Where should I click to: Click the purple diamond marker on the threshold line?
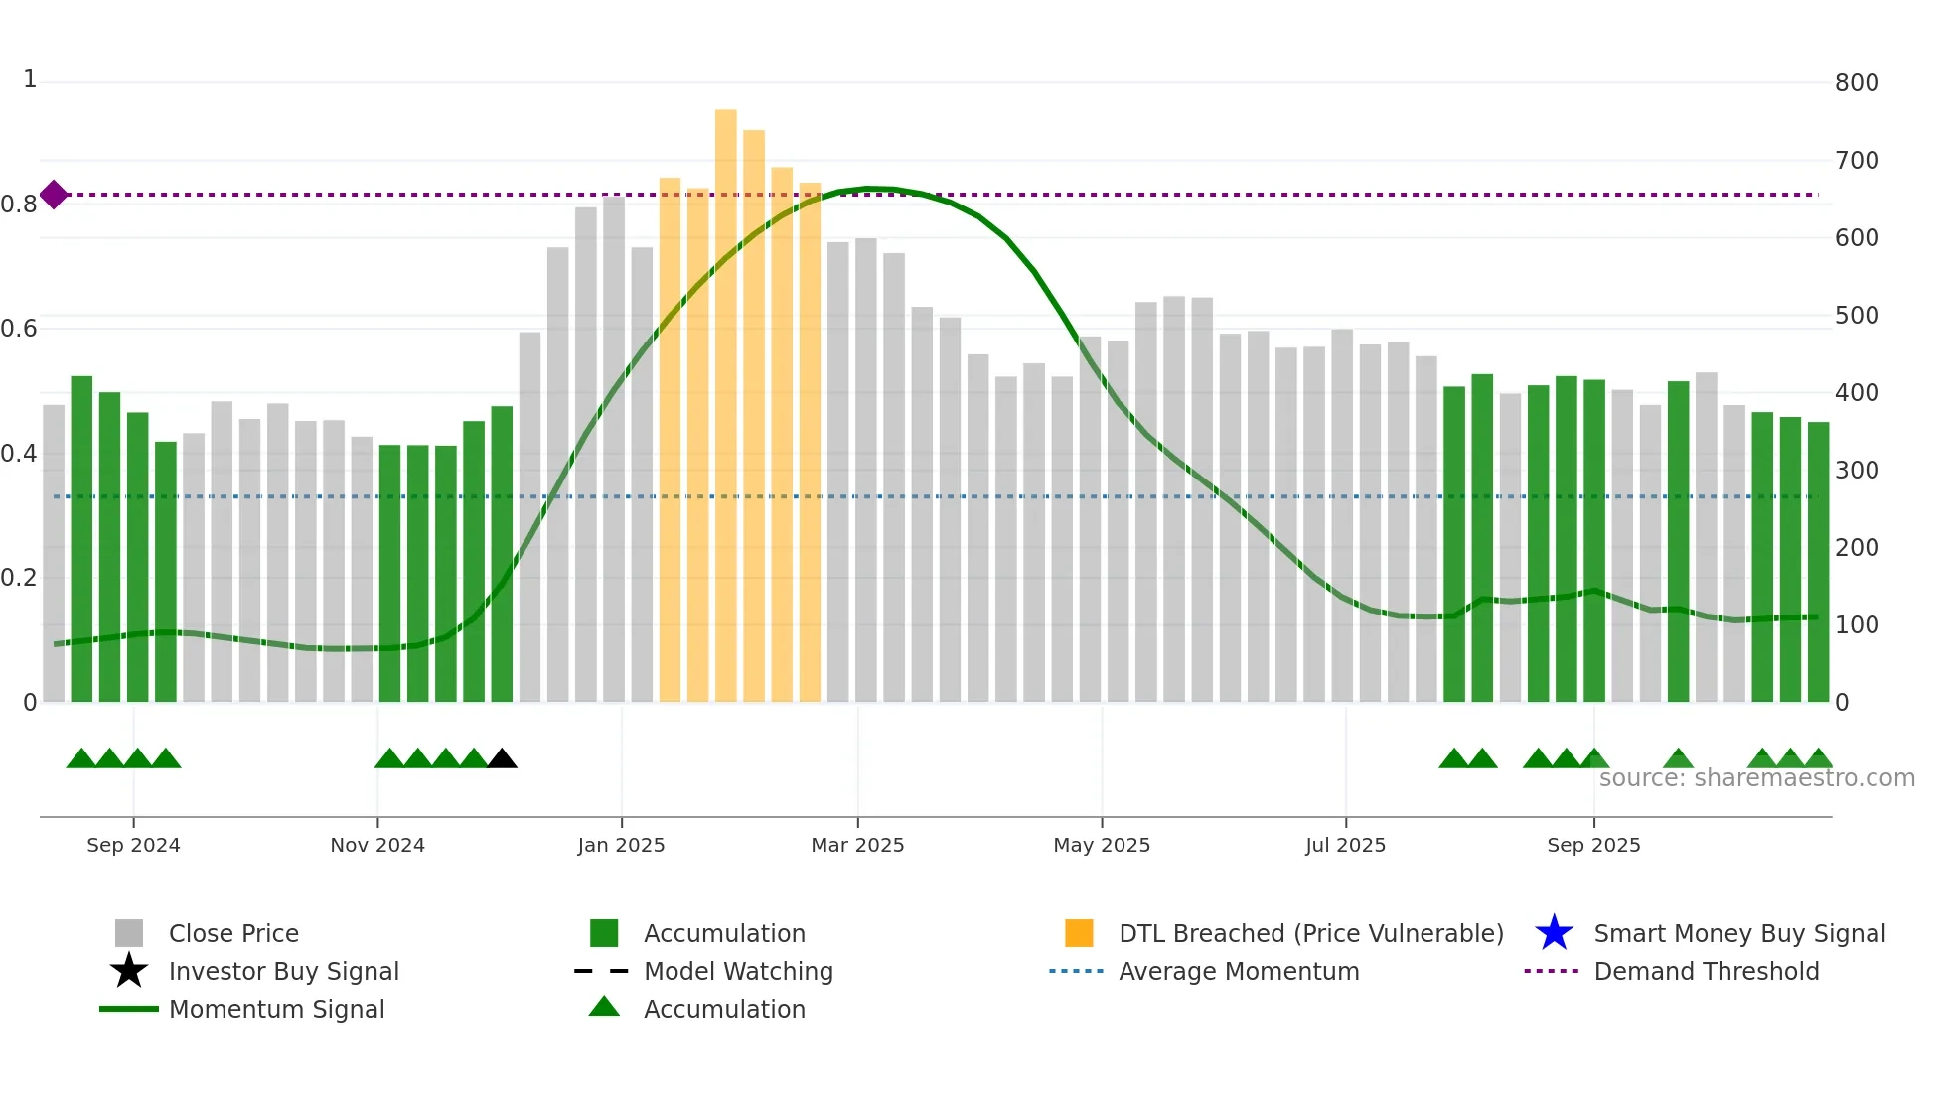[x=54, y=195]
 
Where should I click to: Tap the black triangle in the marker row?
[x=502, y=759]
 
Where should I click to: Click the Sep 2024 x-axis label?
[x=133, y=845]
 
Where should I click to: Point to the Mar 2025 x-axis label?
[x=857, y=845]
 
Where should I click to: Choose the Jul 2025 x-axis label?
[x=1345, y=845]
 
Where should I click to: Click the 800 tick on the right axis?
[x=1857, y=83]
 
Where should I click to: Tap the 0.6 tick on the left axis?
[x=20, y=329]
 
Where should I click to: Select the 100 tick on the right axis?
[x=1857, y=625]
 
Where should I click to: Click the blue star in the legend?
[x=1554, y=933]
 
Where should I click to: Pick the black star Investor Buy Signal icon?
[x=129, y=971]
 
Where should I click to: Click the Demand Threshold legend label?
[x=1706, y=971]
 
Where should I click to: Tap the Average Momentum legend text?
[x=1238, y=971]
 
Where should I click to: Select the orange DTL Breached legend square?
[x=1079, y=933]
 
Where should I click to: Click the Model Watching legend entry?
[x=737, y=971]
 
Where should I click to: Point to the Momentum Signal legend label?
[x=276, y=1009]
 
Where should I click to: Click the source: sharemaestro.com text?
[x=1756, y=778]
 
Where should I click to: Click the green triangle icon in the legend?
[x=604, y=1007]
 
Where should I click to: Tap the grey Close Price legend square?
[x=129, y=933]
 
